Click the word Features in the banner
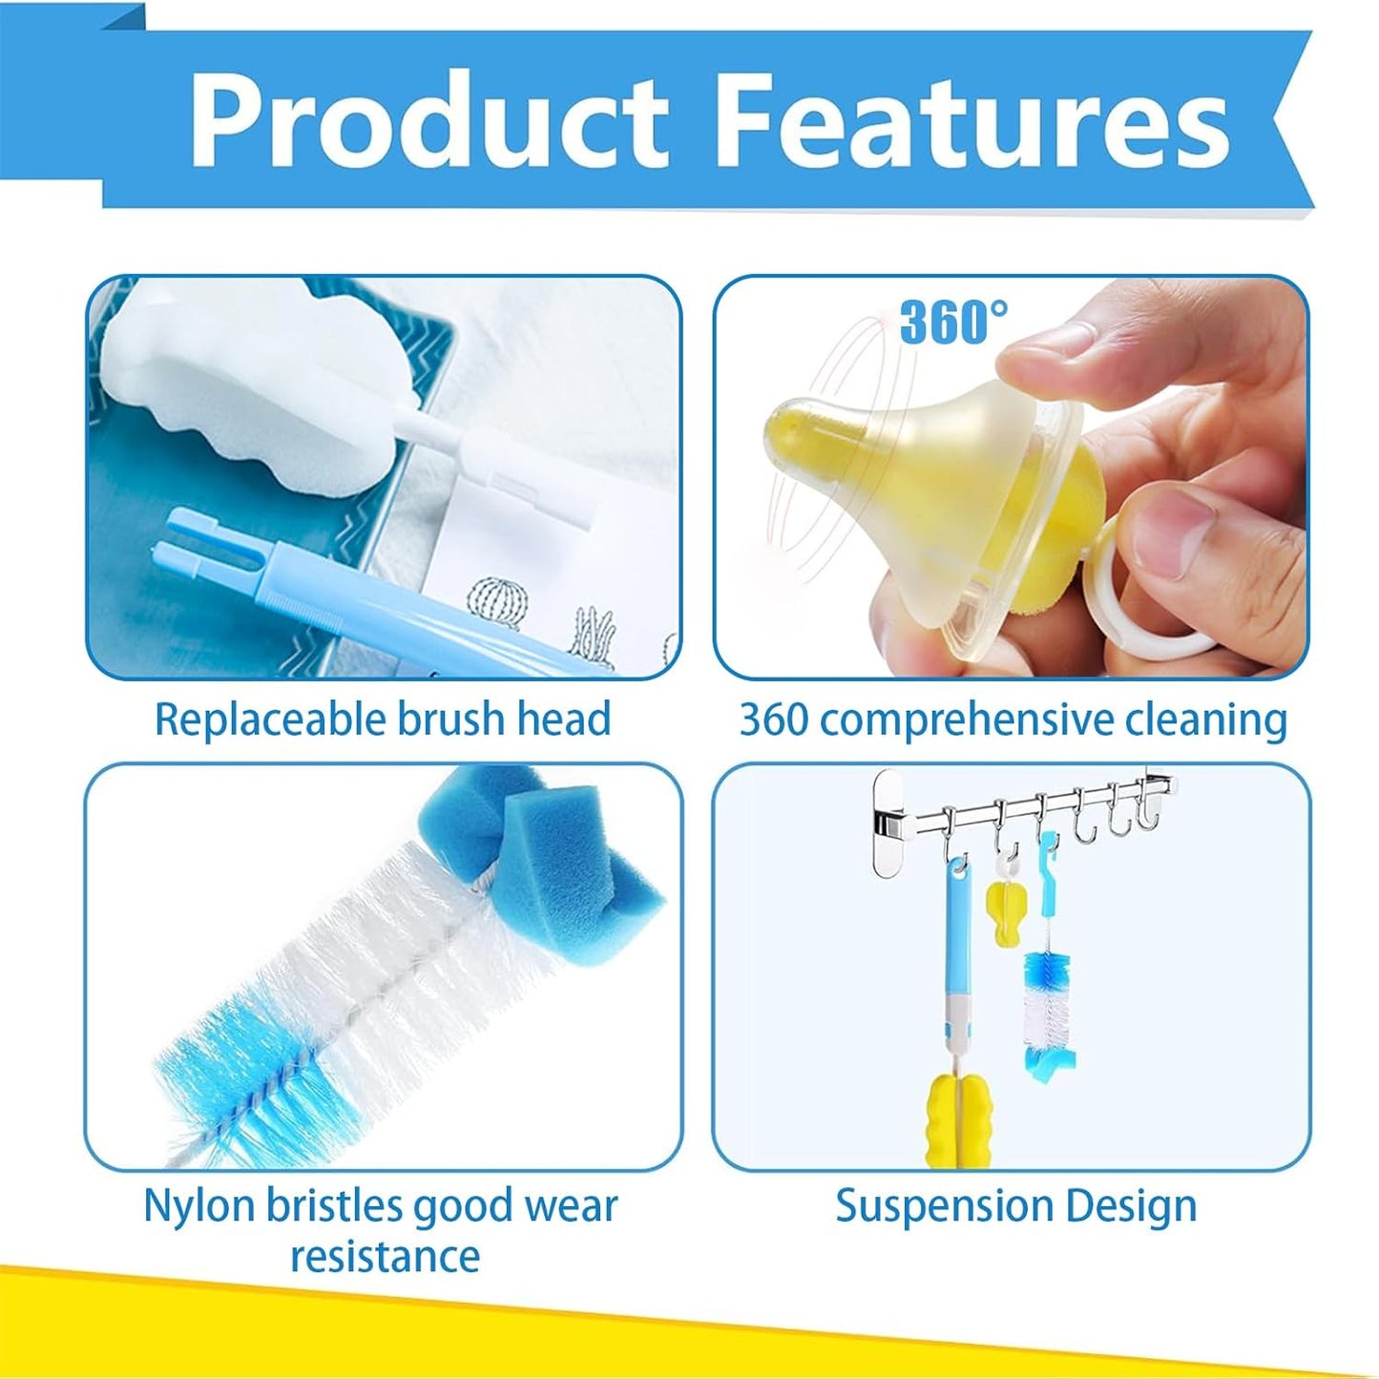[x=976, y=118]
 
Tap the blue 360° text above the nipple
[x=954, y=322]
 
